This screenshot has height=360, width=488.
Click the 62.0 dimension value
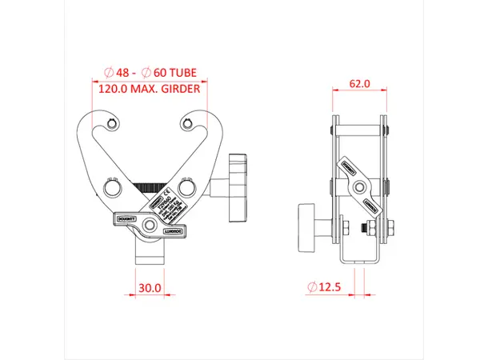(359, 83)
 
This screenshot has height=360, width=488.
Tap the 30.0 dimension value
(150, 286)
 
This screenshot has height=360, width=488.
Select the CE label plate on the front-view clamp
(166, 205)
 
